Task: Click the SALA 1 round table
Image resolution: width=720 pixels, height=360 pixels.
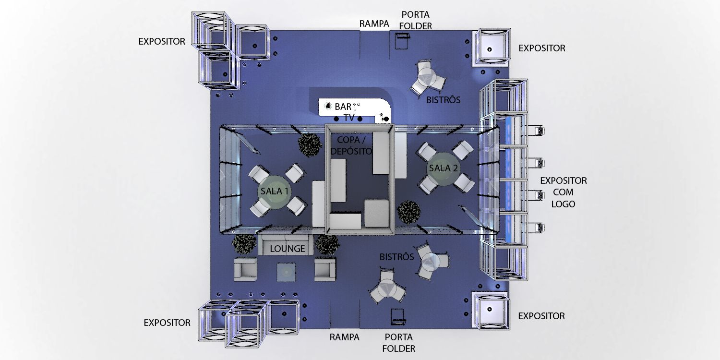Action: [x=274, y=192]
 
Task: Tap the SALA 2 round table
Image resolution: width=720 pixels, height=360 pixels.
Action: [x=443, y=168]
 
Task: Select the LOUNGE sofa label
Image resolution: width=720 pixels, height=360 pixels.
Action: [x=288, y=249]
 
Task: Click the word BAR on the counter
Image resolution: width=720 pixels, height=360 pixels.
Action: [x=343, y=107]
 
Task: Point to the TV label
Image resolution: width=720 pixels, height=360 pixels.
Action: [x=349, y=118]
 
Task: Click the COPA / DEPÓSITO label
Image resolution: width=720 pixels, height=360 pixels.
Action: [x=351, y=145]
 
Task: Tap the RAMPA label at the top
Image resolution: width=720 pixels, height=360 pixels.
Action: [x=374, y=24]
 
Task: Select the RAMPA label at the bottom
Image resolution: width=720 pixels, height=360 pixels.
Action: [x=344, y=337]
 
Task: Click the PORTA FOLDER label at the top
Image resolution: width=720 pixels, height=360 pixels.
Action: [x=416, y=20]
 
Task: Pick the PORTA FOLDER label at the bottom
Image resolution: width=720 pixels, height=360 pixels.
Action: [x=398, y=343]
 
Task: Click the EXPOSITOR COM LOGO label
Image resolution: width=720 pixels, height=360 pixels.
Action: [x=563, y=192]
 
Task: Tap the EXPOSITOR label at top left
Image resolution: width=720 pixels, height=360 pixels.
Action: [x=162, y=41]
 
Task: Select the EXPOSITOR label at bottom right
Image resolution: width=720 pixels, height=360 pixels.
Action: [x=541, y=316]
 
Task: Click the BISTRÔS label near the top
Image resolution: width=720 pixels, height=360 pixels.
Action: [x=443, y=100]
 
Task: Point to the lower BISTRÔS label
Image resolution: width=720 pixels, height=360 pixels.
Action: [x=396, y=256]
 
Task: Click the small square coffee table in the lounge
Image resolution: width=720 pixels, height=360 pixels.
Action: [x=286, y=272]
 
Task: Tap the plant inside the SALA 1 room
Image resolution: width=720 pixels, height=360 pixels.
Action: [x=310, y=144]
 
